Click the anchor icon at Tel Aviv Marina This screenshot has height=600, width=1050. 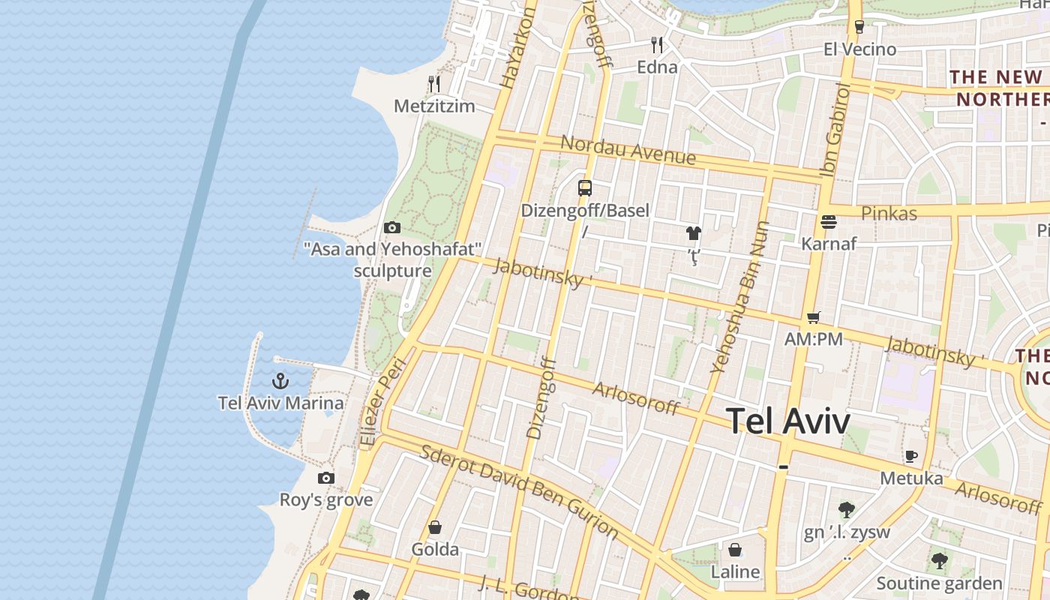[280, 381]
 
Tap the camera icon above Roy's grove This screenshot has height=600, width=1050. [326, 478]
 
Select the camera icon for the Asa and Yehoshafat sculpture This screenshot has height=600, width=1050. [391, 227]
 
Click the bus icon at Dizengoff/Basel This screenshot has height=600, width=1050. [585, 188]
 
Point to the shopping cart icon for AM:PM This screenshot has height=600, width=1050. [814, 318]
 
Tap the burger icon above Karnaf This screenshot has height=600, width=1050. [829, 222]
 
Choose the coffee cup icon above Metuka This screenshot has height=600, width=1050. [911, 456]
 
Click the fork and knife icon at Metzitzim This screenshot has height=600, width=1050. [434, 83]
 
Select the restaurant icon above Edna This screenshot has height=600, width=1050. [657, 45]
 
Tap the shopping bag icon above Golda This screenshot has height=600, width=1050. [435, 528]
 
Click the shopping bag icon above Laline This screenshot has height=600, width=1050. [735, 550]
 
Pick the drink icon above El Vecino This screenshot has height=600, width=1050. [859, 27]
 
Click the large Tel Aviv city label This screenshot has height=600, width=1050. [788, 421]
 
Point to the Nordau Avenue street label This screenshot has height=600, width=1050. [628, 150]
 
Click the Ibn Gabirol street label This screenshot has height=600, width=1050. [836, 130]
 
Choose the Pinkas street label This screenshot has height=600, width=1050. [889, 213]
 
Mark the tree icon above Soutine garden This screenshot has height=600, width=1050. [939, 561]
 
